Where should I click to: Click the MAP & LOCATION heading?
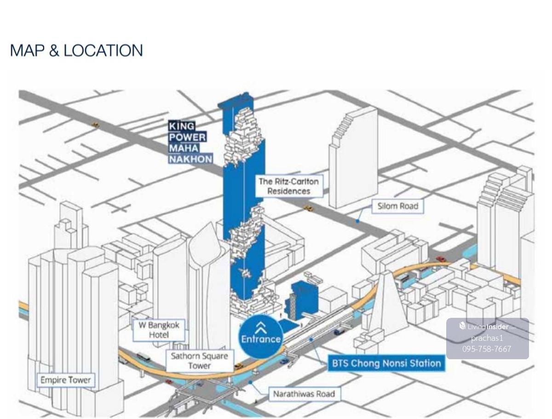point(76,50)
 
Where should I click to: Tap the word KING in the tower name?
point(182,126)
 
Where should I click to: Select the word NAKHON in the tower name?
point(190,159)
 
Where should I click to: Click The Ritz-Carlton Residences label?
point(288,186)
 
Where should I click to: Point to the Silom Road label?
point(398,206)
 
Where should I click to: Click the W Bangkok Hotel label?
point(159,330)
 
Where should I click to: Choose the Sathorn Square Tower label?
point(200,361)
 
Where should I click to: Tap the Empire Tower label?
point(66,380)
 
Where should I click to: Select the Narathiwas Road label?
point(304,394)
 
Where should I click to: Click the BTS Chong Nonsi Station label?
point(386,363)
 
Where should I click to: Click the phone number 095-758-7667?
point(487,349)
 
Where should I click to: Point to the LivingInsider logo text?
point(488,327)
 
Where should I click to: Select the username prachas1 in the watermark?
point(487,338)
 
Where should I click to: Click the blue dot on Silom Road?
point(357,221)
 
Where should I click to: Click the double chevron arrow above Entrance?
point(261,327)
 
